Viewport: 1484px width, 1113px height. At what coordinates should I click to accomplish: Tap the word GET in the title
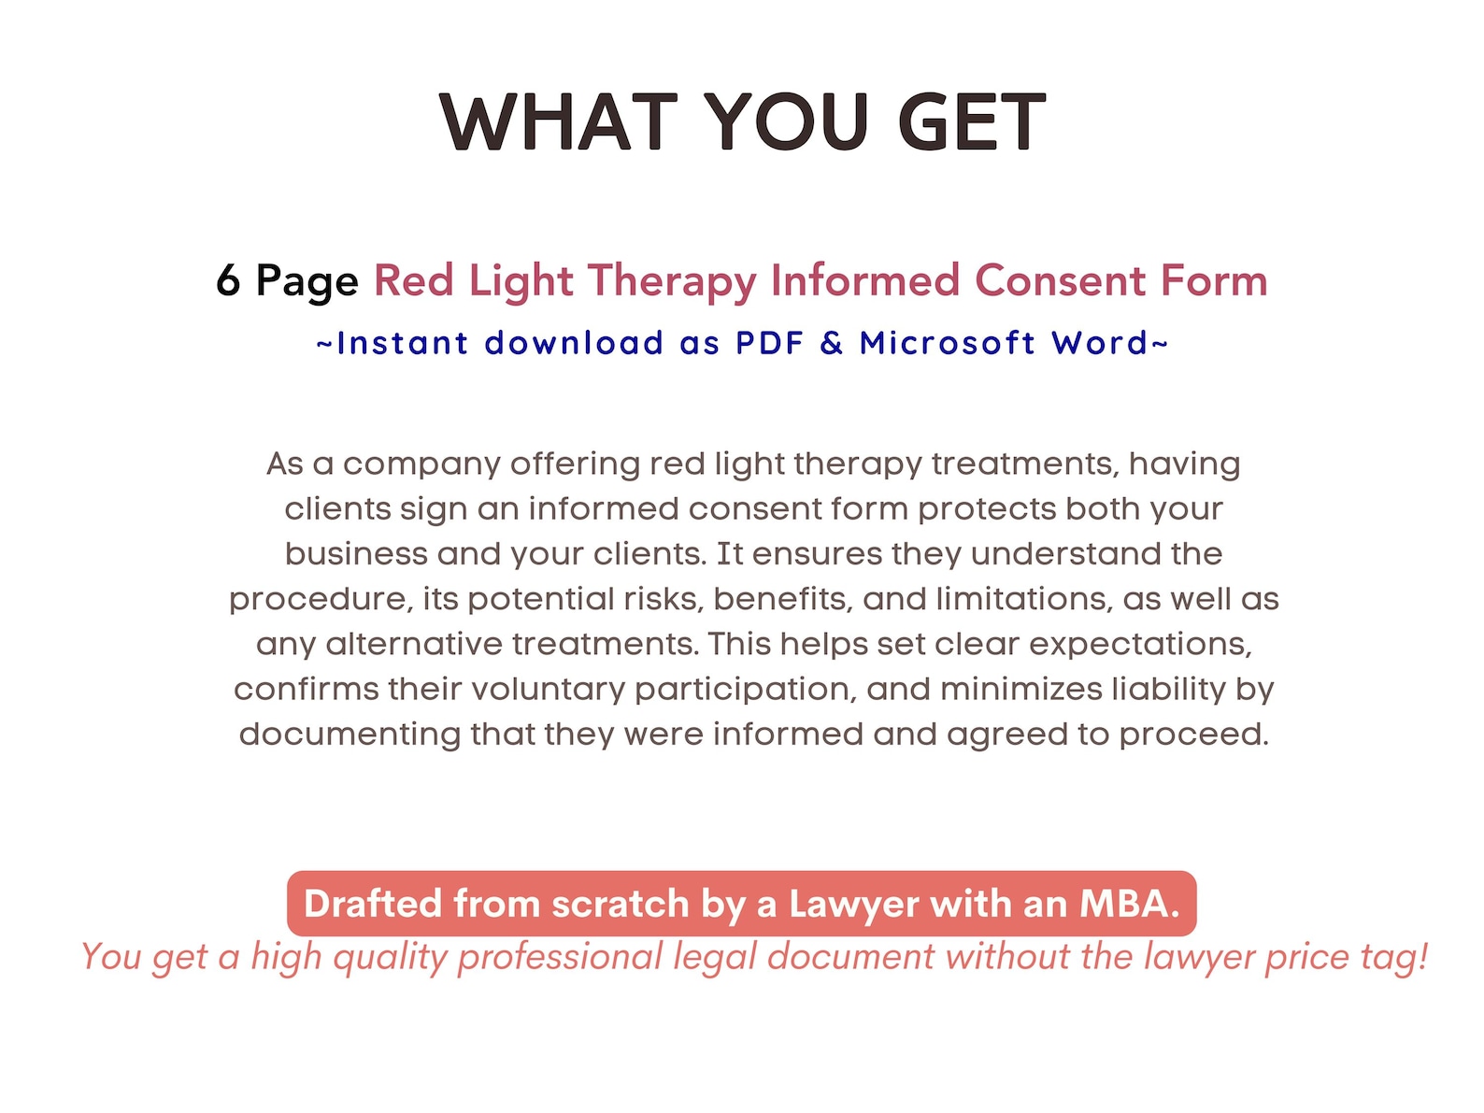tap(971, 122)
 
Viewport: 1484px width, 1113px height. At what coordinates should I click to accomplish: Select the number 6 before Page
tap(228, 280)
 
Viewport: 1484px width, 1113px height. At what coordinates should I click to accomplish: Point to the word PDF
tap(769, 343)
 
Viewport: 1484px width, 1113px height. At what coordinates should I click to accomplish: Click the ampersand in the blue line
tap(831, 343)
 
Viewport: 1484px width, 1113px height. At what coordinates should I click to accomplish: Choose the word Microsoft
tap(948, 343)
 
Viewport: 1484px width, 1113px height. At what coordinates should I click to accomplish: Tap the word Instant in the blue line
tap(402, 343)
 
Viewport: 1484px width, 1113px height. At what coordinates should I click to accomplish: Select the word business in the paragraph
tap(356, 554)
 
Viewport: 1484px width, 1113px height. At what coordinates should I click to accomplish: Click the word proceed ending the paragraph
tap(1193, 735)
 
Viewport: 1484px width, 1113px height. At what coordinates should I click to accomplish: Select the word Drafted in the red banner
tap(372, 904)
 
